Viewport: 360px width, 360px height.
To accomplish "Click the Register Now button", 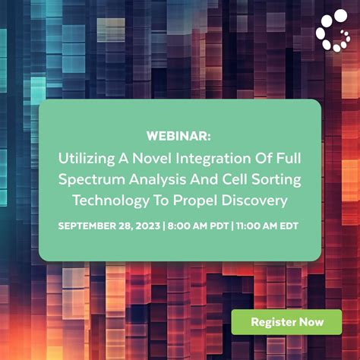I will click(287, 321).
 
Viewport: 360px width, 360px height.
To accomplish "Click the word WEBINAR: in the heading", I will click(179, 136).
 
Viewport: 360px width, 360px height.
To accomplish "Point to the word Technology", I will click(106, 201).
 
